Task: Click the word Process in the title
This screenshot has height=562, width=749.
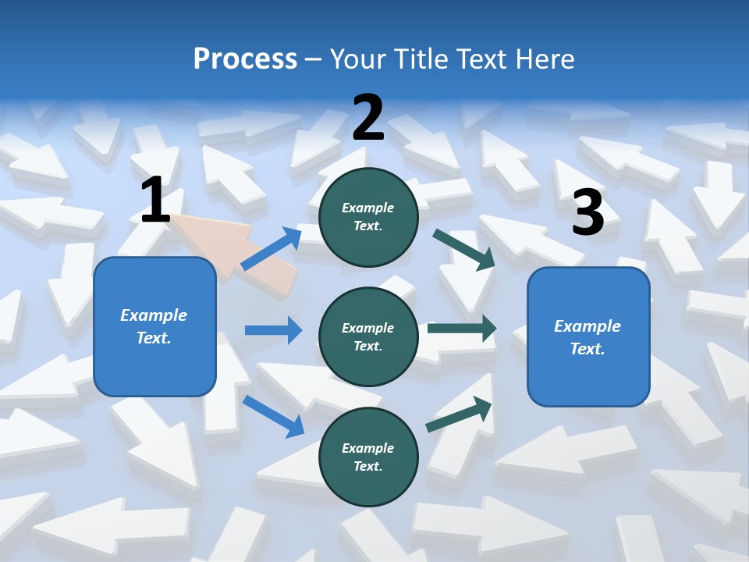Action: point(245,59)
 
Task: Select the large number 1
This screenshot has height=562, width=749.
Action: point(155,201)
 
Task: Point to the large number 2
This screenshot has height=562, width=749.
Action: point(368,118)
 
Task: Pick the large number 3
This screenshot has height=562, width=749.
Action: point(588,212)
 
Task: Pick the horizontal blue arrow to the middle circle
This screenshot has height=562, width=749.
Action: point(273,330)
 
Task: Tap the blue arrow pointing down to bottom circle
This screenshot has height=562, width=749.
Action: point(273,416)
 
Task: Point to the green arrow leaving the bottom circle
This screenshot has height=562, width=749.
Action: point(460,414)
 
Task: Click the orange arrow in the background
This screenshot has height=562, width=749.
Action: point(234,250)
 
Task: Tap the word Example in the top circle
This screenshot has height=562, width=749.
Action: point(368,208)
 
